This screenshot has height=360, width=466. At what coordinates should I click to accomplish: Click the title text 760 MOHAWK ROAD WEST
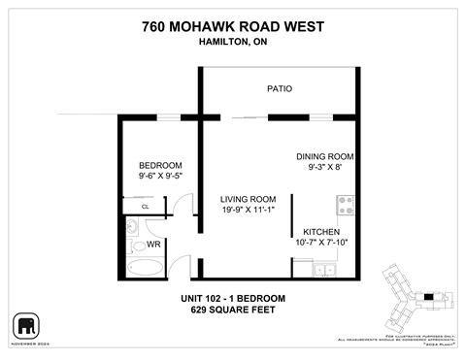(x=233, y=26)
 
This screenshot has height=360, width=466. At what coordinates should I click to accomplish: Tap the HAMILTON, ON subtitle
(x=233, y=42)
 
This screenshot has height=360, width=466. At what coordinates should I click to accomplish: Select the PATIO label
(x=280, y=89)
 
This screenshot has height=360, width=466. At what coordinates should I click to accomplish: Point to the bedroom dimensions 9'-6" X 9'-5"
(x=160, y=177)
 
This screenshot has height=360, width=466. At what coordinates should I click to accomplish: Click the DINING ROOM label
(x=324, y=156)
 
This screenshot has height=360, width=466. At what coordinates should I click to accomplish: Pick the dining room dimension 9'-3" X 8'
(x=324, y=168)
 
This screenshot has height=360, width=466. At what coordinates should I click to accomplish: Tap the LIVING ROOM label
(x=248, y=199)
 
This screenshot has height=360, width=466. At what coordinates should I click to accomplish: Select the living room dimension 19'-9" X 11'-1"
(x=248, y=210)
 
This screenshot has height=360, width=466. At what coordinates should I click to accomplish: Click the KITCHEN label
(x=321, y=232)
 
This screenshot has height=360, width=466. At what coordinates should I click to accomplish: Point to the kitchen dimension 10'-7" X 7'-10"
(x=321, y=243)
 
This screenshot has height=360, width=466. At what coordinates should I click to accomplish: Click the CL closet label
(x=145, y=207)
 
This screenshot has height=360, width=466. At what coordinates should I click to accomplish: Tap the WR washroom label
(x=153, y=245)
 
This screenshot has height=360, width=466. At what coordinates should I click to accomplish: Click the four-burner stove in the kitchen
(x=345, y=205)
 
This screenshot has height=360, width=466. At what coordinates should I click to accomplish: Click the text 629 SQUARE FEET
(x=233, y=311)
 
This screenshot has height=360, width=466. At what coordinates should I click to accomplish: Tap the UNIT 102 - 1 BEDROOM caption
(x=233, y=298)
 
